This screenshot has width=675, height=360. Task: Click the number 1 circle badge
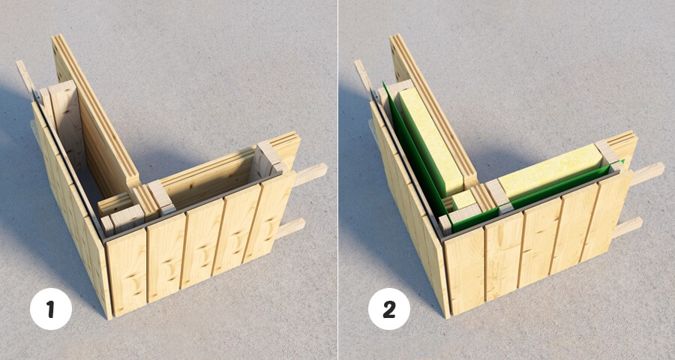(51, 309)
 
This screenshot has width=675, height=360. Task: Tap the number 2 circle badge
(389, 309)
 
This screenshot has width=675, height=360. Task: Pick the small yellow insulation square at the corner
(463, 199)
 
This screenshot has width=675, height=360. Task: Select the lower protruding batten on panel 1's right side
(290, 228)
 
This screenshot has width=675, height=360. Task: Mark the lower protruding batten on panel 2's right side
(628, 227)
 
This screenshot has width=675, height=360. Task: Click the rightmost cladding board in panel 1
(272, 214)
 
